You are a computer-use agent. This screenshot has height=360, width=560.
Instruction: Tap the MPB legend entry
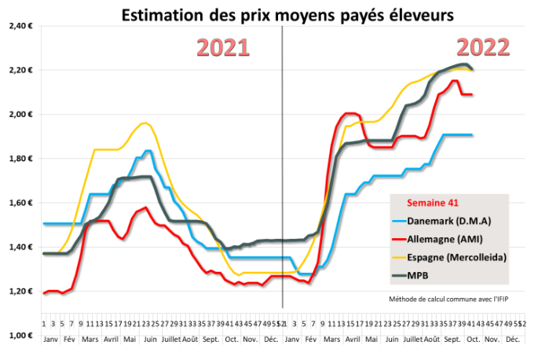[x=429, y=274]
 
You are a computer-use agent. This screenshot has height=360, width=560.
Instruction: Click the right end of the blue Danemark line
[x=472, y=135]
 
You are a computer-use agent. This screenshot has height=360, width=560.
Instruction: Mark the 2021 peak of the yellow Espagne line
[x=144, y=123]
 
